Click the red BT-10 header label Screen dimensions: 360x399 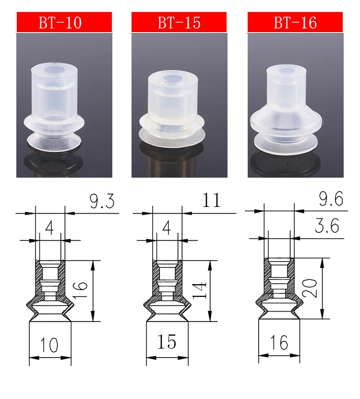[64, 22]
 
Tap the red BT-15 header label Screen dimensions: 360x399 [179, 22]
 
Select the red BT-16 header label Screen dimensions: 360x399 [295, 22]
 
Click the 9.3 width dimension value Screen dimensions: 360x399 [102, 201]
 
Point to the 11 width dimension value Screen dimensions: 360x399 [211, 200]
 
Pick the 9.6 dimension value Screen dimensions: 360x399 [331, 199]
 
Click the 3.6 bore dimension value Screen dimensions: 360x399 [327, 226]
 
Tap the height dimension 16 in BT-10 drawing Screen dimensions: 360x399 [80, 290]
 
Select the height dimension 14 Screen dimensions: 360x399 [199, 290]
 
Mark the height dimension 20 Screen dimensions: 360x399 [310, 288]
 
